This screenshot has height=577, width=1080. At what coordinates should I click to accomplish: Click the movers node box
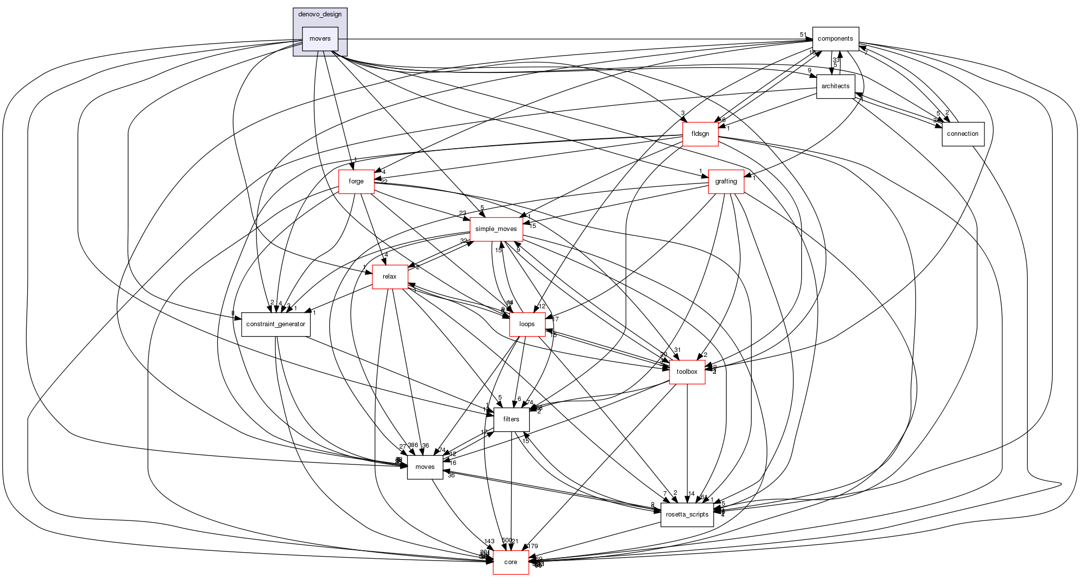click(x=320, y=39)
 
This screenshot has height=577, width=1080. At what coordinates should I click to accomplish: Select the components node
click(x=835, y=39)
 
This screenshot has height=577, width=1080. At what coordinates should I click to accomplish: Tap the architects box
click(x=835, y=86)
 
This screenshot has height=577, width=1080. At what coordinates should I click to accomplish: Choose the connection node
click(x=962, y=134)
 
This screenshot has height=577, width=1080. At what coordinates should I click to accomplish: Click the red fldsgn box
click(x=700, y=134)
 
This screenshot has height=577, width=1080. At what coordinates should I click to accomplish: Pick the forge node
click(x=356, y=181)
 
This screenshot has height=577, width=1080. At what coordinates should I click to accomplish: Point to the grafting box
click(x=726, y=181)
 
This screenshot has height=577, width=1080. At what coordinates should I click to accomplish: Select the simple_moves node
click(x=496, y=229)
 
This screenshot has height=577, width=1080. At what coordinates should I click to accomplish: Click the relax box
click(x=390, y=277)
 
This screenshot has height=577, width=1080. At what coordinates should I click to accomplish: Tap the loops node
click(x=527, y=324)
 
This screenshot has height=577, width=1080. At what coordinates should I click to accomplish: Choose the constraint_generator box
click(x=276, y=324)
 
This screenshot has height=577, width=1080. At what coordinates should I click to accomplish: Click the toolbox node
click(x=687, y=372)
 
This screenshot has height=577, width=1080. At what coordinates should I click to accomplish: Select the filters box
click(x=511, y=419)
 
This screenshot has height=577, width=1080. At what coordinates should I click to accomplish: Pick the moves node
click(x=425, y=467)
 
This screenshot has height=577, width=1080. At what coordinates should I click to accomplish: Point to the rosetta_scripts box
click(x=687, y=515)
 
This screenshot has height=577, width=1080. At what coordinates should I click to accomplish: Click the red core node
click(x=511, y=562)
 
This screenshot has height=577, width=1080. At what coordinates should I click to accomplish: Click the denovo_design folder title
click(x=320, y=14)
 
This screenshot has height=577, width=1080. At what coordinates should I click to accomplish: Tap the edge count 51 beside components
click(x=803, y=35)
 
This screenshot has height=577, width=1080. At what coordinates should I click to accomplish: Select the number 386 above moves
click(x=413, y=445)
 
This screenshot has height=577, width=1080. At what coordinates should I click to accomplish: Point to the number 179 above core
click(x=533, y=546)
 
